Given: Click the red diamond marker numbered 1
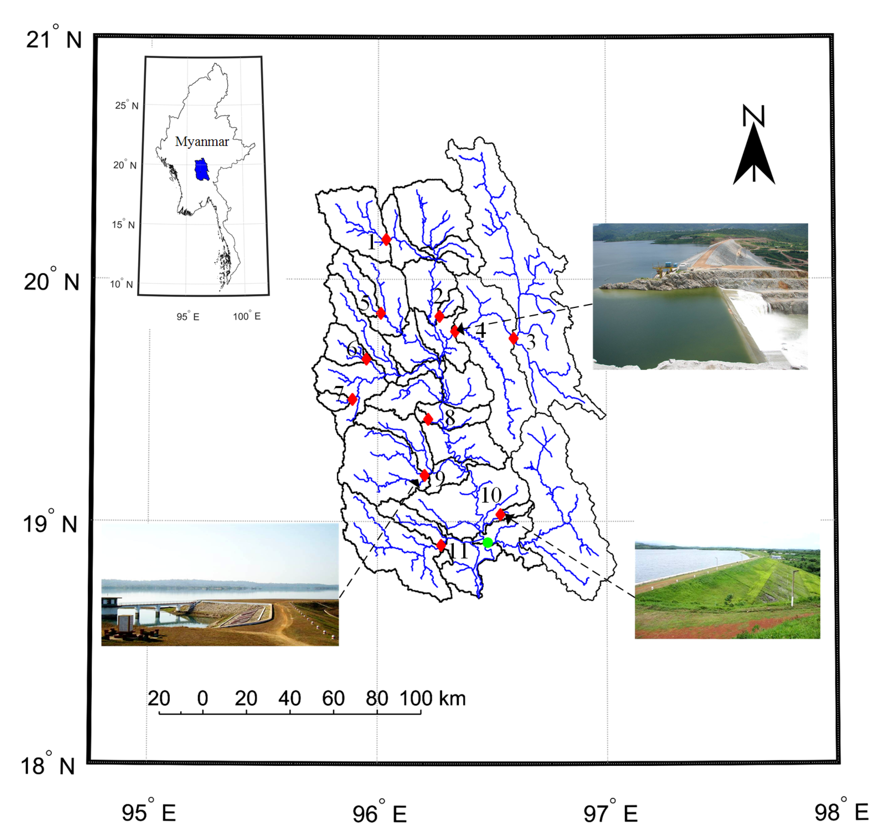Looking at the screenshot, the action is click(386, 239).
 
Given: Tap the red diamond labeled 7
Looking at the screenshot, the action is click(352, 399).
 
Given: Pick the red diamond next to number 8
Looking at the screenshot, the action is click(428, 419).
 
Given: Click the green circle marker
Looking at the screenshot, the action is click(488, 543).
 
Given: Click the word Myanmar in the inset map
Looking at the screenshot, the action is click(202, 142).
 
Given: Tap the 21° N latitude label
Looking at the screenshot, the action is click(54, 39).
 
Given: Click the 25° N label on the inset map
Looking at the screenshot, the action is click(127, 105).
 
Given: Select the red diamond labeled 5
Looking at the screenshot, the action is click(380, 313).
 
